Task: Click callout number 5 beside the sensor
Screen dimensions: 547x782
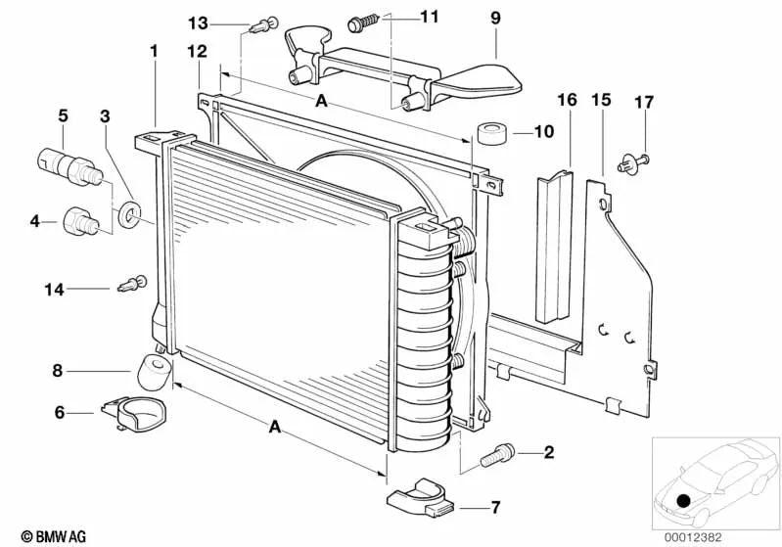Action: click(x=63, y=114)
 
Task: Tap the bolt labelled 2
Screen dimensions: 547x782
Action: click(x=497, y=453)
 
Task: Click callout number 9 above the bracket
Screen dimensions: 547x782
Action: click(x=494, y=18)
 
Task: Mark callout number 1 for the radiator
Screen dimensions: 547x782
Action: click(x=153, y=49)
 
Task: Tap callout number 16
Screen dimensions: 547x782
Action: click(x=568, y=100)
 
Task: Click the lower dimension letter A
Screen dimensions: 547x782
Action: click(x=274, y=427)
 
